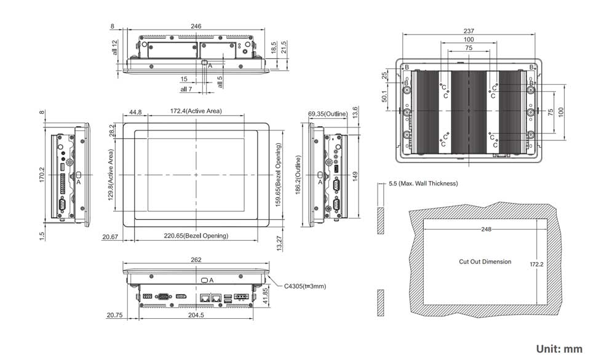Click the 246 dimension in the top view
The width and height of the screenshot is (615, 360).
coord(196,26)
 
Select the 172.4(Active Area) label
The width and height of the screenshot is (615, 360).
coord(196,111)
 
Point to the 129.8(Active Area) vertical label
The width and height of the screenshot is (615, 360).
coord(111,175)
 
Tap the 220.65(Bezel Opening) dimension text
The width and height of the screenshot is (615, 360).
coord(196,236)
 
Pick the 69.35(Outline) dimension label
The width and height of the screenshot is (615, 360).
coord(328,114)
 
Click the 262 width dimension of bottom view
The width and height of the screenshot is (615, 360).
coord(196,260)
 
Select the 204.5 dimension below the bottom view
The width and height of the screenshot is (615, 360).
coord(195,314)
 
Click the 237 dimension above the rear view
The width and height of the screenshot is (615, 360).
coord(469,31)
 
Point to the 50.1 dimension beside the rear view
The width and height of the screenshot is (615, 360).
coord(384,97)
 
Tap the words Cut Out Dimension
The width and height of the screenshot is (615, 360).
coord(485,262)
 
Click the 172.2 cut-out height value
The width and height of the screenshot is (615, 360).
coord(537,264)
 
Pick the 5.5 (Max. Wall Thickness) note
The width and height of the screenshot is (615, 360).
coord(423,183)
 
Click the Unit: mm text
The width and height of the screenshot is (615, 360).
coord(559,349)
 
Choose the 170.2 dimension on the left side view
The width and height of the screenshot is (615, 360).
coord(42,175)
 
